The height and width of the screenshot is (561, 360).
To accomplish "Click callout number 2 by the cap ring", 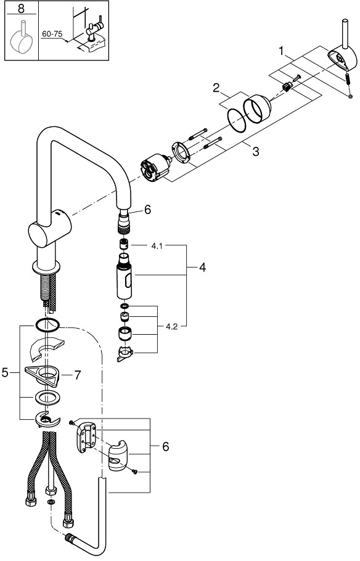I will [x=217, y=88].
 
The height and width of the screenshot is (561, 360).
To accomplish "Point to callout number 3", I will [x=255, y=151].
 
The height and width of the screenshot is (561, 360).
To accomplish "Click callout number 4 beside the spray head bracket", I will [x=202, y=268].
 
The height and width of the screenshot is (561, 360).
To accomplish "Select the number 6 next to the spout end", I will [x=147, y=210].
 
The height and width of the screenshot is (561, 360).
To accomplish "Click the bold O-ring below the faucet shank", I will [x=47, y=325].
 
